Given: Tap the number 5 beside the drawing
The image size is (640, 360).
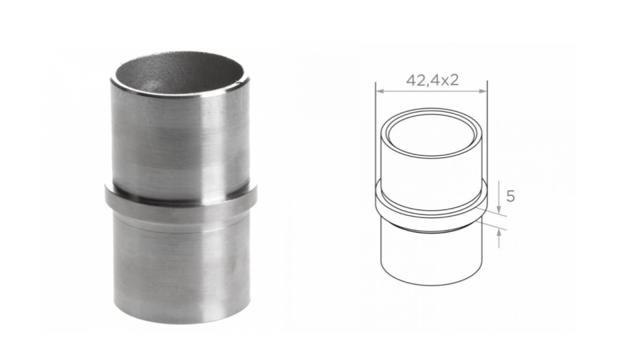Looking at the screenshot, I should [x=511, y=197].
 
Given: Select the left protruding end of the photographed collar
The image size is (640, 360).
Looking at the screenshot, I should [x=109, y=198].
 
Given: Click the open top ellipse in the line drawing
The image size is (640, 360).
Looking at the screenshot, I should [x=431, y=132].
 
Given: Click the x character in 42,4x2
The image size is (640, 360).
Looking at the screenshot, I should [x=447, y=81].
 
